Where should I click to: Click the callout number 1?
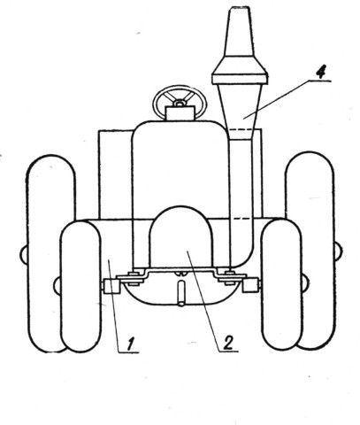131,344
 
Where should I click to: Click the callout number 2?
227,343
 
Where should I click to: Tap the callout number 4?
320,72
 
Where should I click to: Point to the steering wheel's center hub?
180,103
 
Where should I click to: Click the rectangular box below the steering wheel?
180,113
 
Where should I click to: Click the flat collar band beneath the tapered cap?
240,79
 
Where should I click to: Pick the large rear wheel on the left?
50,253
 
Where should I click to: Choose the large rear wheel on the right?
310,251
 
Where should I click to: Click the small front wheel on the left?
80,286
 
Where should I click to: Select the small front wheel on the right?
282,284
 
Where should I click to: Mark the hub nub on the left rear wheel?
23,255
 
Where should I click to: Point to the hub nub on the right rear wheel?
339,251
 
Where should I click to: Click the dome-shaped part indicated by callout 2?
180,237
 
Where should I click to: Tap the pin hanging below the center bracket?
181,293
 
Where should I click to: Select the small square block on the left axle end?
111,286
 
